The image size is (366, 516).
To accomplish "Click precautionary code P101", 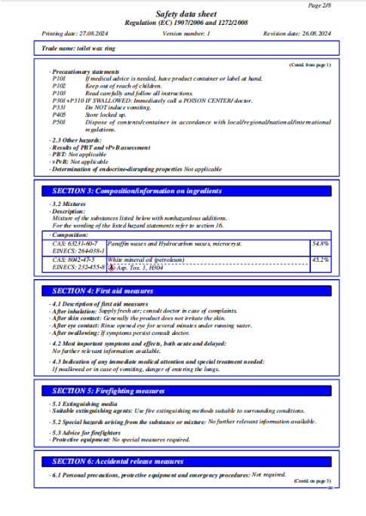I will tap(59, 78).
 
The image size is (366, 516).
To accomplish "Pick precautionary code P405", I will tap(59, 115).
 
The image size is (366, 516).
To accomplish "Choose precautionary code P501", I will tap(59, 122).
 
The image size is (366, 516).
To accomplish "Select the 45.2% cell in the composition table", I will tap(320, 260).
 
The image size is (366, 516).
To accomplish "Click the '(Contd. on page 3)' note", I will tap(311, 481).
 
